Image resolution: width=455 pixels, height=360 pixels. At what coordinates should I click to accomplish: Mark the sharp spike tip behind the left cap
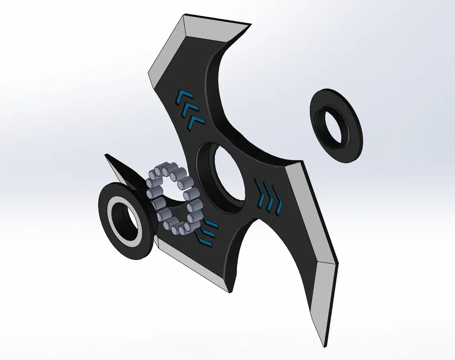tap(106, 155)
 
